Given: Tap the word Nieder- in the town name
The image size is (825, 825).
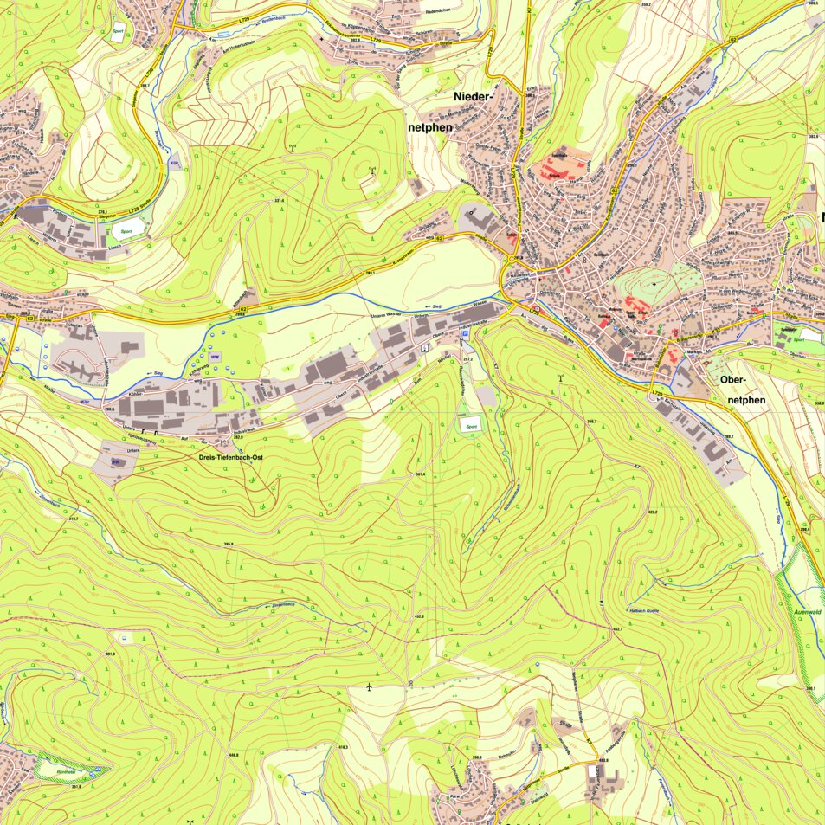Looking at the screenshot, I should point(474,97).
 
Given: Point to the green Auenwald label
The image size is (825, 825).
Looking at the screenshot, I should point(806,609).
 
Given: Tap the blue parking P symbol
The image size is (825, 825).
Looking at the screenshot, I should point(465,332).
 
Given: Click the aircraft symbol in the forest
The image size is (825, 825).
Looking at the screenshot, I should point(369,687).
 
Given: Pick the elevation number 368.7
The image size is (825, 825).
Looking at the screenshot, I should point(591,422).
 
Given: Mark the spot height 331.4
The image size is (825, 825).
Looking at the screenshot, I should point(280,201).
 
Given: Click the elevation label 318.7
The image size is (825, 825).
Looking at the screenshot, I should point(74,519).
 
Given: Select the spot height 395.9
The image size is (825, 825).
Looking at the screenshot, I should point(229,543).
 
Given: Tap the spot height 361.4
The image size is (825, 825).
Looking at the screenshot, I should point(420,474).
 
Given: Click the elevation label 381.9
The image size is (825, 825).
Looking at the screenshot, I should point(110,654).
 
